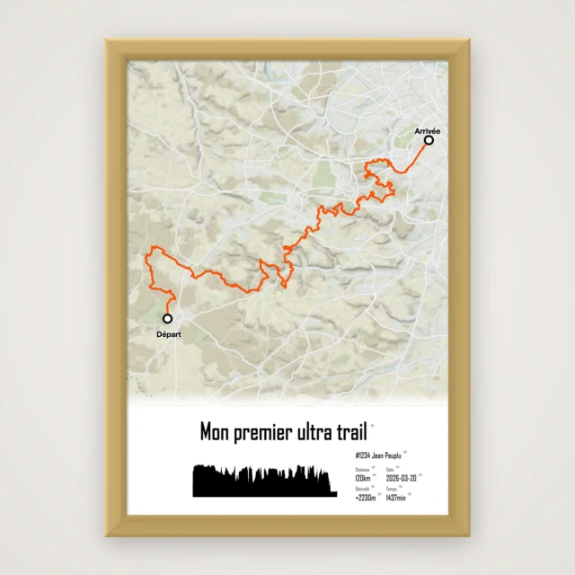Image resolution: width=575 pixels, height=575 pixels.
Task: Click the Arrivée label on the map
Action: point(428,131)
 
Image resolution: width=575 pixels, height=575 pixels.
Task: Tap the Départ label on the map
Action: point(168,334)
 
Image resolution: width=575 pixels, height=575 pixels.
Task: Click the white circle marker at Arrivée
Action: point(429,140)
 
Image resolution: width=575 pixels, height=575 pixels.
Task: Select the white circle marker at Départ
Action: point(168,318)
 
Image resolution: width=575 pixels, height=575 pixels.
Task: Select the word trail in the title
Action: point(352,432)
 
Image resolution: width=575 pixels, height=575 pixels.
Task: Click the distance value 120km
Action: point(363,479)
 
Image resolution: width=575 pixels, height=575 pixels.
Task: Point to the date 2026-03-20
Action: point(401,479)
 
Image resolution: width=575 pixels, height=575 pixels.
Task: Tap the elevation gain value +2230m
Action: point(366,497)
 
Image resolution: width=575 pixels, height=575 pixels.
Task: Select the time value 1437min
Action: point(395,497)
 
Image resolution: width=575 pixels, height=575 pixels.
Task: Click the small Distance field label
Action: point(361,470)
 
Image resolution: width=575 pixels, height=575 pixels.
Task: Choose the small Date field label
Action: point(390,470)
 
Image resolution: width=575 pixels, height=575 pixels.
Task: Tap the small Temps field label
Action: point(391,489)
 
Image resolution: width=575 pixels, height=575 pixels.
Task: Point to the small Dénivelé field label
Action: point(362,489)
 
